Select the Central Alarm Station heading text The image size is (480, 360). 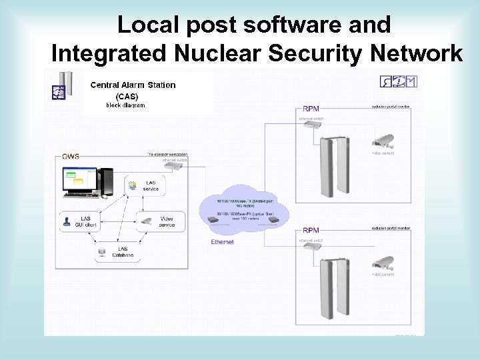pos(133,85)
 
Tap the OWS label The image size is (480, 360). pos(71,157)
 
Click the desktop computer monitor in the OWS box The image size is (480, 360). pos(79,182)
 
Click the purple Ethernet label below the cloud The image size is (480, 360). pos(222,242)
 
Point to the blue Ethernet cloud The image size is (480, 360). pos(245,209)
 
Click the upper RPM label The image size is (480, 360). pos(311,108)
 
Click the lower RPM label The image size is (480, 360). pos(311,230)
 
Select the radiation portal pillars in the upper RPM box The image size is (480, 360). pos(335,168)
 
